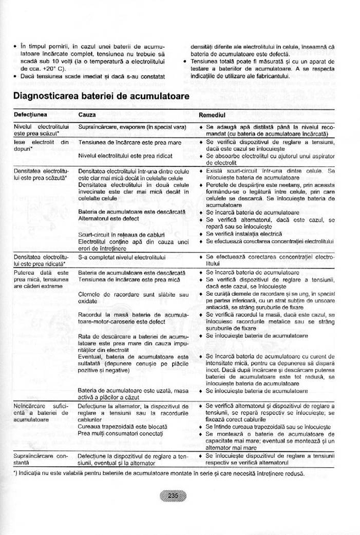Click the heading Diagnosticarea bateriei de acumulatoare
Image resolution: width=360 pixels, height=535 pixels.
[x=101, y=96]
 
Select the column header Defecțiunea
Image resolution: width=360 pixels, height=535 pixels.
[x=30, y=114]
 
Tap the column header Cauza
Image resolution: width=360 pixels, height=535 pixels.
[x=87, y=114]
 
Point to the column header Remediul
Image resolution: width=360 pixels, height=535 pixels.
[x=212, y=114]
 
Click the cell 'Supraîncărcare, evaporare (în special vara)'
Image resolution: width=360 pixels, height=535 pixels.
[x=132, y=126]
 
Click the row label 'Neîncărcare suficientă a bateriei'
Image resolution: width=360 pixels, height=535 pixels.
[x=41, y=412]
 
